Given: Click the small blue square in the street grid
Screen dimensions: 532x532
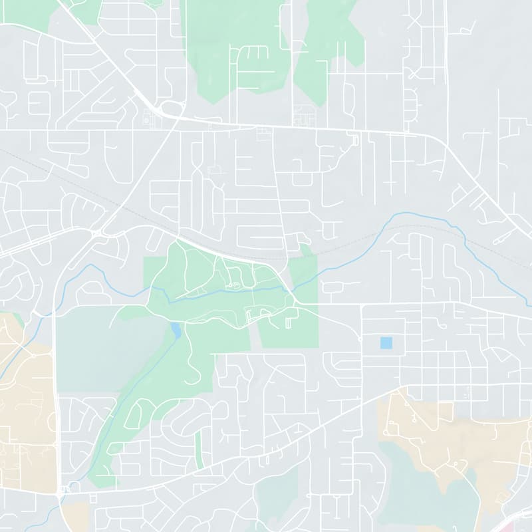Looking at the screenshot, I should (x=386, y=343).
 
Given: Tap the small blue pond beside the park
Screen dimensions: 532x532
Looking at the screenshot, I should (x=175, y=330).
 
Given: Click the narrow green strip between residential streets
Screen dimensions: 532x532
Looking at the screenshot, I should (x=198, y=446).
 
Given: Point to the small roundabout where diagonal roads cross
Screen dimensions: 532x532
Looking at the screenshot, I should (x=97, y=233).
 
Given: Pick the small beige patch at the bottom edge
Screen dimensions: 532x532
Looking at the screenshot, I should (x=76, y=515).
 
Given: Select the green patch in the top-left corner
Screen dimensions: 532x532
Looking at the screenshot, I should (x=40, y=13).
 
